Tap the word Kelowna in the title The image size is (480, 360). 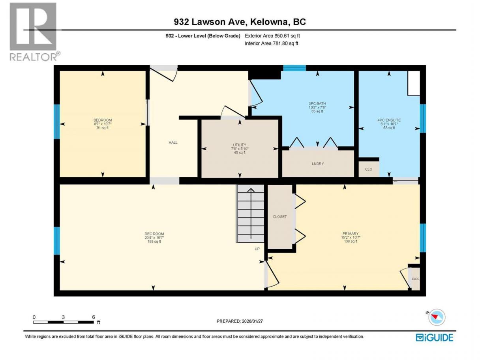click(x=269, y=22)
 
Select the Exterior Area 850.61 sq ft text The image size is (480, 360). click(x=272, y=36)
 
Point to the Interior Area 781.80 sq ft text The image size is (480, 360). click(x=271, y=43)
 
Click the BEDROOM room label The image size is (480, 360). click(x=103, y=120)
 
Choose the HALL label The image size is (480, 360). click(x=173, y=143)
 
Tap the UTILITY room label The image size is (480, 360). click(x=240, y=145)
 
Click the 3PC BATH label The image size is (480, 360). click(x=317, y=103)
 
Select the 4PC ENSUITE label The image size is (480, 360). click(x=389, y=120)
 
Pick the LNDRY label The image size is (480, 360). click(x=318, y=164)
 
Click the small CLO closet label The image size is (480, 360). click(x=369, y=169)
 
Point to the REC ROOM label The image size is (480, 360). click(x=154, y=234)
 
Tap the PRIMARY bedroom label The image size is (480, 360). click(x=351, y=233)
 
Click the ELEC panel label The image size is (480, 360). click(x=416, y=279)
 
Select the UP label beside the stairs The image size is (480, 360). click(x=257, y=249)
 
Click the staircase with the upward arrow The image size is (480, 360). click(x=251, y=214)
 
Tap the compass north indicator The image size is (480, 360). click(x=436, y=317)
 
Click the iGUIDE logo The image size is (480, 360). click(x=435, y=337)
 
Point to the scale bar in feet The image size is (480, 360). click(x=64, y=322)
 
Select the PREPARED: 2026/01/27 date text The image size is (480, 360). click(x=240, y=321)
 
